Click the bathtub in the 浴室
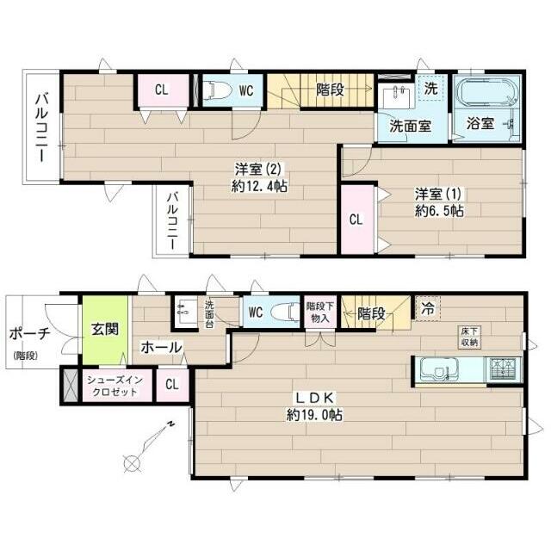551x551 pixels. coord(486,91)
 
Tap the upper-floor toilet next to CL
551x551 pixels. coord(219,90)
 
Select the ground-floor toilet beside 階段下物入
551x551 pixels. coord(288,312)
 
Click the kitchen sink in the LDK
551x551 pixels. coord(436,370)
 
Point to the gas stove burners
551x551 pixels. coord(503,370)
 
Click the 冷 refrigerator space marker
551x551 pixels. coord(427,309)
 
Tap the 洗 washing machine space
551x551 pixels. coord(431,89)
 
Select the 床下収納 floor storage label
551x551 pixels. coord(470,337)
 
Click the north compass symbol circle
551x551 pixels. coord(132,462)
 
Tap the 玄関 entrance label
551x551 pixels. coord(105,330)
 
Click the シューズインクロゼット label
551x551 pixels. coord(115,386)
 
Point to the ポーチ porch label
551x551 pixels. coord(30,334)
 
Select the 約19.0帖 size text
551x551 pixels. coord(314,415)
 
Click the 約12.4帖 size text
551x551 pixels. coord(260,186)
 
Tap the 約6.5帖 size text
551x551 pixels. coord(439,211)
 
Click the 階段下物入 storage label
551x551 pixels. coord(320,312)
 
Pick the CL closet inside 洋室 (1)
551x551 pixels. coord(356,220)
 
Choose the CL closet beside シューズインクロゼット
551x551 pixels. coord(172,385)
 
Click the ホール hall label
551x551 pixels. coord(161,348)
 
